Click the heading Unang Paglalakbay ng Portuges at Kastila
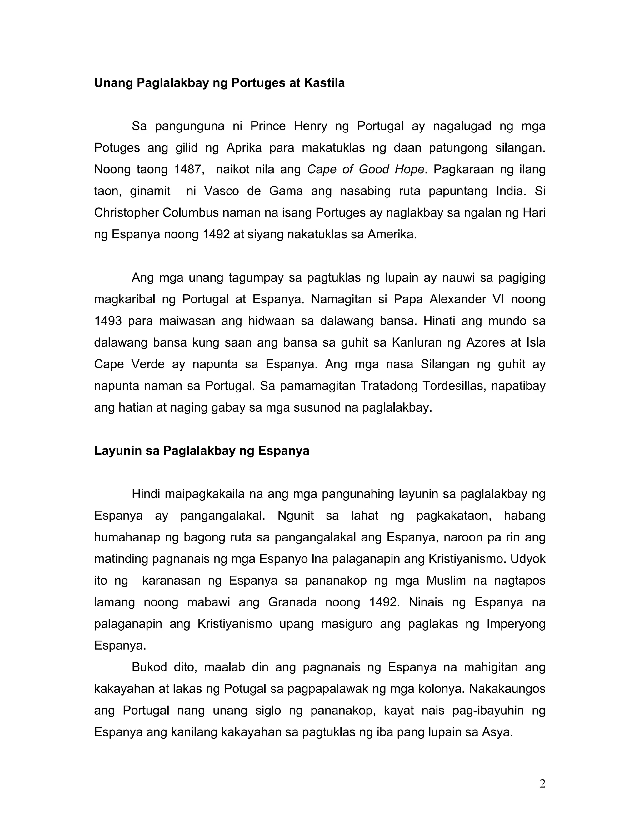coord(219,83)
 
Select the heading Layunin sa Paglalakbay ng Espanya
coord(201,451)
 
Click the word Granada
coord(292,602)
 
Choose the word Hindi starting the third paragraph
coord(144,494)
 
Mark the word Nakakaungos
coord(507,689)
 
